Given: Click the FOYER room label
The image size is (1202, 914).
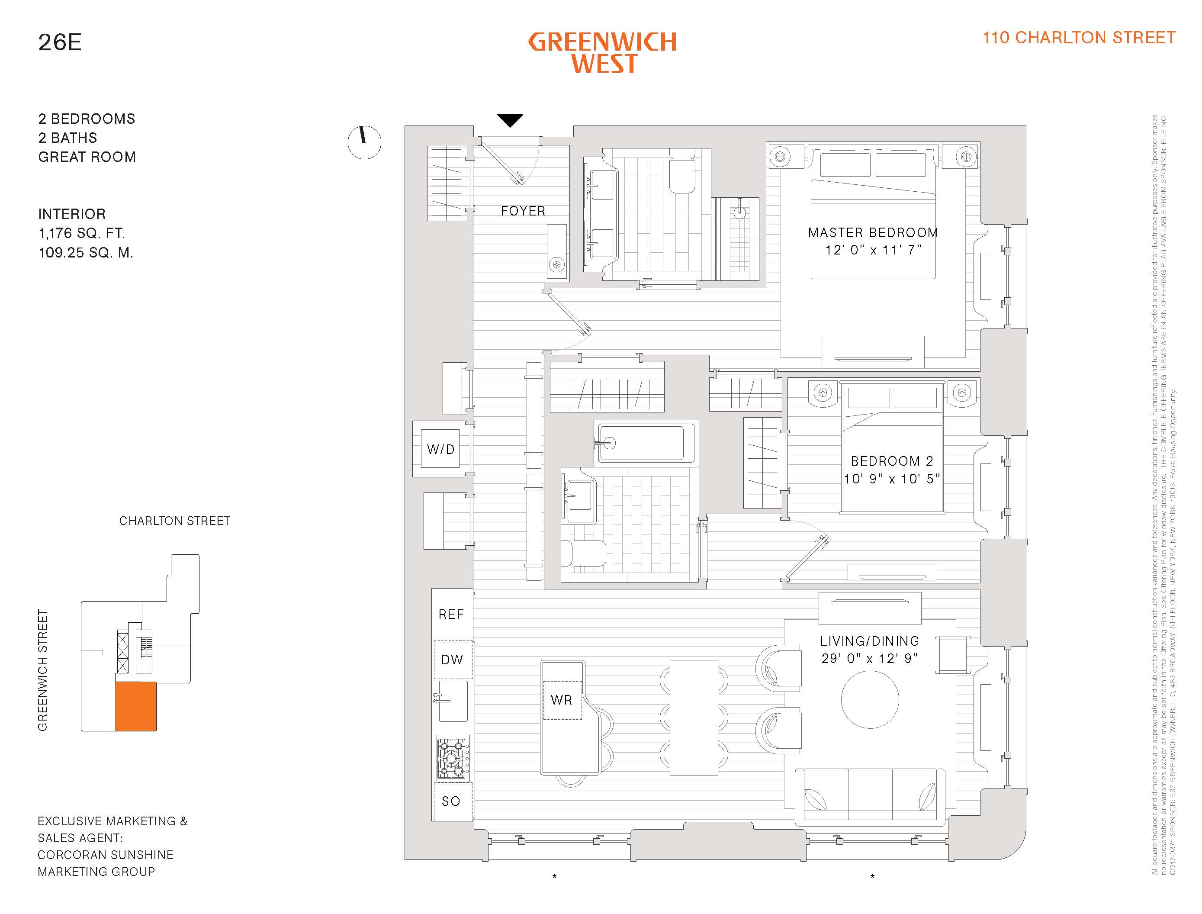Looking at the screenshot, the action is (x=523, y=211).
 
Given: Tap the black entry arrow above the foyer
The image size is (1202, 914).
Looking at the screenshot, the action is (x=510, y=120).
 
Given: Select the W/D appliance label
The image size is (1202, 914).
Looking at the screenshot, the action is (x=440, y=449).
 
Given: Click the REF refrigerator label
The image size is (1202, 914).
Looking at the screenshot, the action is (x=451, y=614).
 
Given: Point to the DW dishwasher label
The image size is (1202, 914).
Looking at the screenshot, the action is (x=452, y=660).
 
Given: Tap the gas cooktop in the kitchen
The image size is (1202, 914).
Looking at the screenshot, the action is (x=453, y=758).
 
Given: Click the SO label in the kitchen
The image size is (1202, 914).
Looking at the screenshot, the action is (x=451, y=801).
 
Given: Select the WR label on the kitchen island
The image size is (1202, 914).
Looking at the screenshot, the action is (x=561, y=700).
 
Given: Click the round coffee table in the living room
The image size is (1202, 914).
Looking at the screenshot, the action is (x=870, y=700).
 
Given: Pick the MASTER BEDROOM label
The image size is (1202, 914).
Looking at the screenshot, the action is (x=873, y=233).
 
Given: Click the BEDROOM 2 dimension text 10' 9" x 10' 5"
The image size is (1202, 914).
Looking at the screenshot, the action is (x=891, y=479).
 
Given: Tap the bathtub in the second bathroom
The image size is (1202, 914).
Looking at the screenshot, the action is (x=646, y=443).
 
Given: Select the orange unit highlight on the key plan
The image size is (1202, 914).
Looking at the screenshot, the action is (x=135, y=706).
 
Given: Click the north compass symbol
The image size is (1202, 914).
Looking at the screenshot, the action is (x=364, y=142).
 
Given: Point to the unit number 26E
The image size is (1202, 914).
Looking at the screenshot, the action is (x=60, y=42).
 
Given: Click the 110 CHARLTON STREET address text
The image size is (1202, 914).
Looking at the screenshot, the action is (x=1079, y=38).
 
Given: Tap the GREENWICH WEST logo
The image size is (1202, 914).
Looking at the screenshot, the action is (x=603, y=53).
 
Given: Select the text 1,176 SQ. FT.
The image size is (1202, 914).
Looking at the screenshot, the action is (x=82, y=233).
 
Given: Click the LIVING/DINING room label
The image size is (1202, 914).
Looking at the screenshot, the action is (x=870, y=641).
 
